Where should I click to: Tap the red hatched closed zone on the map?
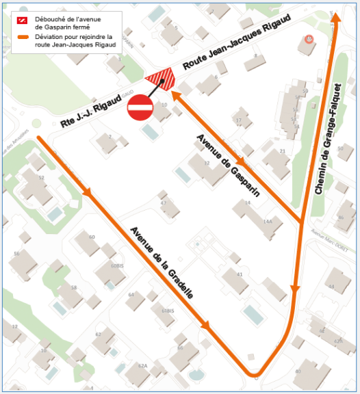point(162,78)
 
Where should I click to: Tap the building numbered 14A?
point(268,221)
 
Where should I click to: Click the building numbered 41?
point(240,274)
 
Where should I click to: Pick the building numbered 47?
point(164,204)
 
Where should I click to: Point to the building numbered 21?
point(282,151)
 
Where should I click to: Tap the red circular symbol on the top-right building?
point(309,40)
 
